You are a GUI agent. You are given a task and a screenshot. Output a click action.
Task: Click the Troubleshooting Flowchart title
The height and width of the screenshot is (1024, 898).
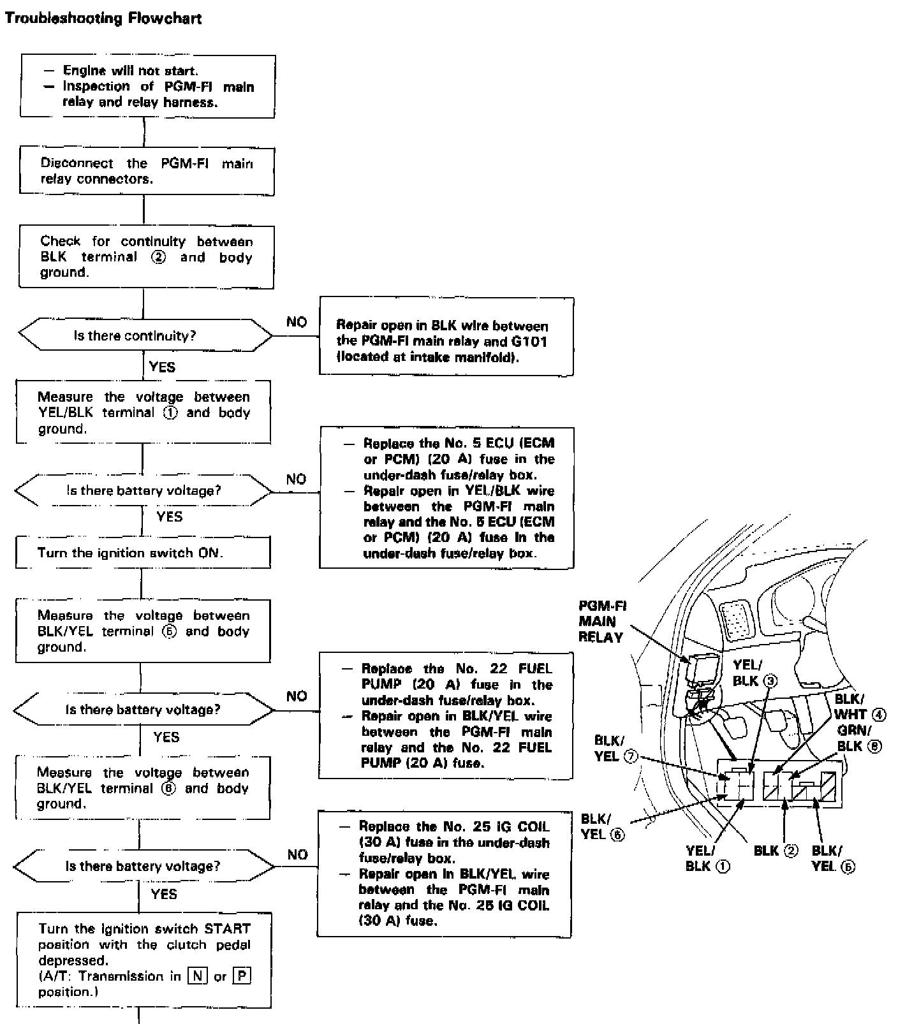(103, 18)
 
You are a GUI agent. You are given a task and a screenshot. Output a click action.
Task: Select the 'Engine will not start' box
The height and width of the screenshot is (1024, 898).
(148, 86)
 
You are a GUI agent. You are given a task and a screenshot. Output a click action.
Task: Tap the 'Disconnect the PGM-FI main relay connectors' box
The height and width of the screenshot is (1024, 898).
(147, 171)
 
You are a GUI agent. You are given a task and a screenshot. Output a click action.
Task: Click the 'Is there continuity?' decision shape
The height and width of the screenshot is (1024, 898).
(145, 335)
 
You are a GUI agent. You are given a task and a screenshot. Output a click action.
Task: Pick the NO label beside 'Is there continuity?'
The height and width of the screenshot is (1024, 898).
(297, 322)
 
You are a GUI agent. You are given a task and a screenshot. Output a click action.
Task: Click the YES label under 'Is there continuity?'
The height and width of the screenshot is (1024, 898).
(162, 367)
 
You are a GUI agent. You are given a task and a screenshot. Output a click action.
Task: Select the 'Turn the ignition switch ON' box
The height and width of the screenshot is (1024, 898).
(143, 552)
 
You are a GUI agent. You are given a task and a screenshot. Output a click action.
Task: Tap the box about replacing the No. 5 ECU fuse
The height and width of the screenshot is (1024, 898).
(446, 498)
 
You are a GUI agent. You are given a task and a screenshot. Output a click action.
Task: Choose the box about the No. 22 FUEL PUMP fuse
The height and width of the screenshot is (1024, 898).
(445, 715)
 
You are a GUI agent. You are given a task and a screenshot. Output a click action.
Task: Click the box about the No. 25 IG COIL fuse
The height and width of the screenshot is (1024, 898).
(444, 874)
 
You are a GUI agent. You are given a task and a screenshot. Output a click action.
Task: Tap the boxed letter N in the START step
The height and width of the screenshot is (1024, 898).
(198, 976)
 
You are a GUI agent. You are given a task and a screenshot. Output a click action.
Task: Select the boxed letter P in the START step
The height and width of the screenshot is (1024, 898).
(242, 976)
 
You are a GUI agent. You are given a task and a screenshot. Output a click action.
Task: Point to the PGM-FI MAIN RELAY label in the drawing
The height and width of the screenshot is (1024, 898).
(601, 622)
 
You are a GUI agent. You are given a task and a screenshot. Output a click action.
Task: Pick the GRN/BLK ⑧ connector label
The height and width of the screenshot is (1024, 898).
(858, 738)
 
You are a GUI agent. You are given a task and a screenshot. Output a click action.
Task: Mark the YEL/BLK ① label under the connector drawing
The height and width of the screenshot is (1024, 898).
(707, 858)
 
